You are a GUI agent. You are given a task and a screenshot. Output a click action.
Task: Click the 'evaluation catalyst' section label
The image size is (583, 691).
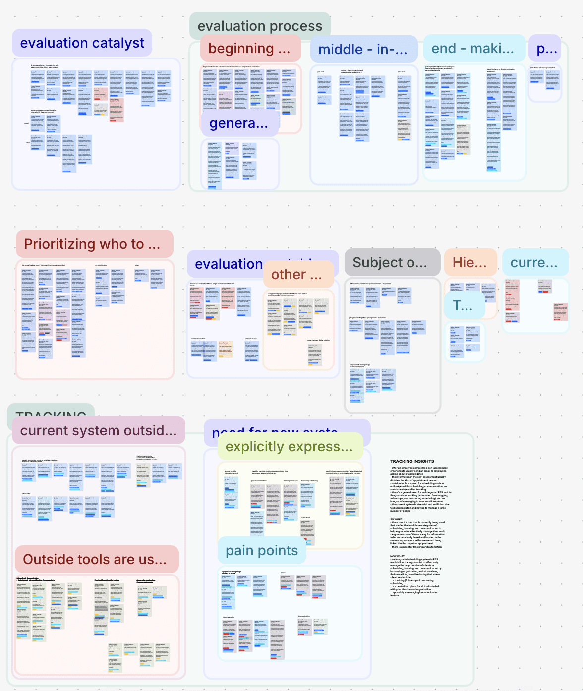click(x=82, y=43)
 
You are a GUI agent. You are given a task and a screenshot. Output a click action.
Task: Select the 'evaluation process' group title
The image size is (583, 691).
click(x=260, y=26)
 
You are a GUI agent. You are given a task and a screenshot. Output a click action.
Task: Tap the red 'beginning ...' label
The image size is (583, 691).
click(x=250, y=49)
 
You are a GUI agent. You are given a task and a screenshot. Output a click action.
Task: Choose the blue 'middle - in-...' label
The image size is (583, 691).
click(x=362, y=49)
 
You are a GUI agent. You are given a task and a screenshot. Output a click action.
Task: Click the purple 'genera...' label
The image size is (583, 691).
click(x=239, y=123)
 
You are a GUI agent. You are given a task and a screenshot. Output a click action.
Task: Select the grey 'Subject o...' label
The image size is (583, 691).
click(x=390, y=263)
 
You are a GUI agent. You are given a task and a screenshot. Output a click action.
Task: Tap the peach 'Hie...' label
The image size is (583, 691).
click(x=469, y=262)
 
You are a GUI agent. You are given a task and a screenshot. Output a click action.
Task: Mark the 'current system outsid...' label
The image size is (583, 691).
click(x=98, y=430)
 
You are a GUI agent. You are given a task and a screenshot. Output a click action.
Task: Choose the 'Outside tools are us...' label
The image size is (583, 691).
click(x=95, y=559)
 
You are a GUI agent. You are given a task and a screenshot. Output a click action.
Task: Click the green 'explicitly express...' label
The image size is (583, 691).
click(x=289, y=446)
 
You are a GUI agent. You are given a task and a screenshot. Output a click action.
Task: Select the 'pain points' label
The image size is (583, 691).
click(x=262, y=550)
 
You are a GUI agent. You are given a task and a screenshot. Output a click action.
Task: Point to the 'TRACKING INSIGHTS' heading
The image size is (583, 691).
click(x=412, y=461)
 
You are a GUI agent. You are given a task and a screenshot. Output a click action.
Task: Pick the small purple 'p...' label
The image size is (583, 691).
click(x=547, y=49)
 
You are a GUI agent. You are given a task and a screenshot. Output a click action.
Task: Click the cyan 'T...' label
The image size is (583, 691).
click(x=463, y=306)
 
